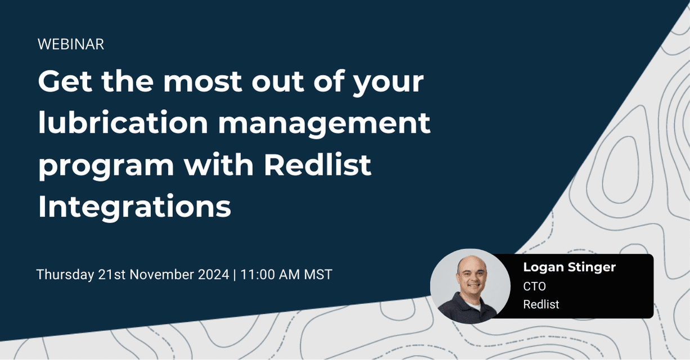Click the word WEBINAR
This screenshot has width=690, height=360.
tap(71, 44)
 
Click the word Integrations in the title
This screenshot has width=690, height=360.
tap(135, 207)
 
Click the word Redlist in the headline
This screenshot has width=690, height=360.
tap(317, 165)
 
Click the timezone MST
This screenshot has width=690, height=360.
tap(317, 275)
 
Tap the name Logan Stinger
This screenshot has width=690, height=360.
tap(570, 267)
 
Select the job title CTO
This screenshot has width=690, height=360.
tap(534, 286)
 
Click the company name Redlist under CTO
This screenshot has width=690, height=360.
tap(541, 305)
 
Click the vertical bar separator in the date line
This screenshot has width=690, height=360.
tap(234, 275)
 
